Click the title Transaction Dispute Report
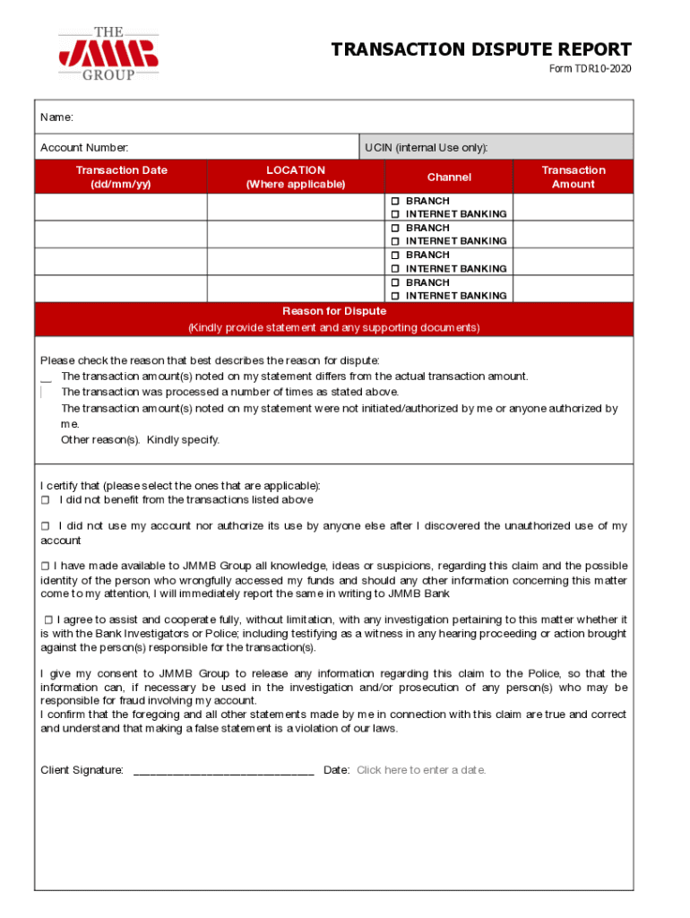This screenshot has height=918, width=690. tap(481, 49)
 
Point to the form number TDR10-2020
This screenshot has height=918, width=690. tap(590, 69)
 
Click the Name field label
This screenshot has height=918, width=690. tap(56, 117)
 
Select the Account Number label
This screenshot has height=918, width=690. tap(84, 147)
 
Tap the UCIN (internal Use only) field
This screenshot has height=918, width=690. tap(496, 147)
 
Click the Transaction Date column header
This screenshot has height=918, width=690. tap(121, 177)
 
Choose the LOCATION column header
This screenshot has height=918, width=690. tap(296, 177)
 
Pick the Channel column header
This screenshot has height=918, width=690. tap(449, 178)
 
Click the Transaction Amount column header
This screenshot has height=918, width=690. tap(573, 177)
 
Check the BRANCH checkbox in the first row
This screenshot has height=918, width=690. tap(394, 201)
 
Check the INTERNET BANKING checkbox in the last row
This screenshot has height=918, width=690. tap(394, 296)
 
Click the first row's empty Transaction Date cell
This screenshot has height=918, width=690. tap(121, 207)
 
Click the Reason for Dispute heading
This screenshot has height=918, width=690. tap(334, 311)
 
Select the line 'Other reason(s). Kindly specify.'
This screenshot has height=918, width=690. tap(140, 439)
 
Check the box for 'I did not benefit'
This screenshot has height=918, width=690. tap(45, 500)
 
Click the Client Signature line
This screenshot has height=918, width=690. tap(223, 770)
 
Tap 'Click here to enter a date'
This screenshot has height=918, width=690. tap(421, 770)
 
